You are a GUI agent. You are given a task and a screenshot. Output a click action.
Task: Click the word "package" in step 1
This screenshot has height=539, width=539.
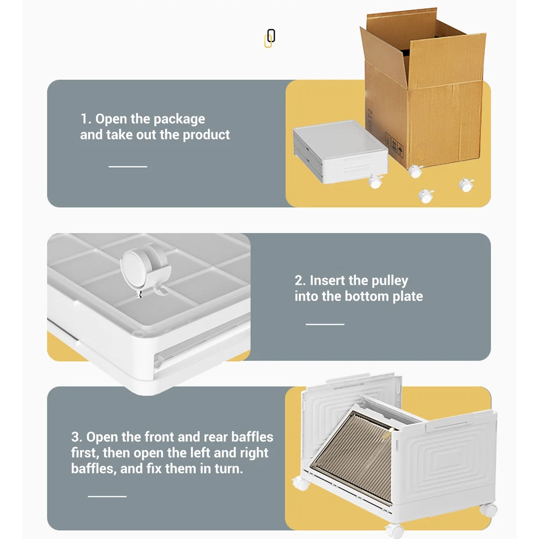pos(179,119)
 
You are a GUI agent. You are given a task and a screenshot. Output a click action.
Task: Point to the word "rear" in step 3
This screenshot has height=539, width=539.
pos(216,437)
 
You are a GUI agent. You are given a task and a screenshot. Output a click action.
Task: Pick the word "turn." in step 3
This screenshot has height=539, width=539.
pos(229,469)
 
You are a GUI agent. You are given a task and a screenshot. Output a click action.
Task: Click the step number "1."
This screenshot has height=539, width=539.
pos(86,119)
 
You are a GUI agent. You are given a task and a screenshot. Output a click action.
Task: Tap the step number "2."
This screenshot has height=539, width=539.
pos(300,280)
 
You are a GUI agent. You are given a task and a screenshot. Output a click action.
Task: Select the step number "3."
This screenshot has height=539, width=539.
pos(77,437)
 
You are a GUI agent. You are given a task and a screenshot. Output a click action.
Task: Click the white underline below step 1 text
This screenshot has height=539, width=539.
pos(128,167)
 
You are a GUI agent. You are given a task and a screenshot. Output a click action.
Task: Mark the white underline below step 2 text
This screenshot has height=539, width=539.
pos(325,324)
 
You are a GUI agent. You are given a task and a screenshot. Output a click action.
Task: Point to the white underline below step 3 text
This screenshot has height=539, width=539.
pos(107,496)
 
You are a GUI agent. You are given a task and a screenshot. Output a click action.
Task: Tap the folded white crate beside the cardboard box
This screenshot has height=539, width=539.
pos(341,151)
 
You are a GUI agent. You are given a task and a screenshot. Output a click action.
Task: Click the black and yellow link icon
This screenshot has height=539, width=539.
pos(270,38)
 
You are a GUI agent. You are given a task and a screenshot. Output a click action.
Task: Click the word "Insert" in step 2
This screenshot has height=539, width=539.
pos(327,280)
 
